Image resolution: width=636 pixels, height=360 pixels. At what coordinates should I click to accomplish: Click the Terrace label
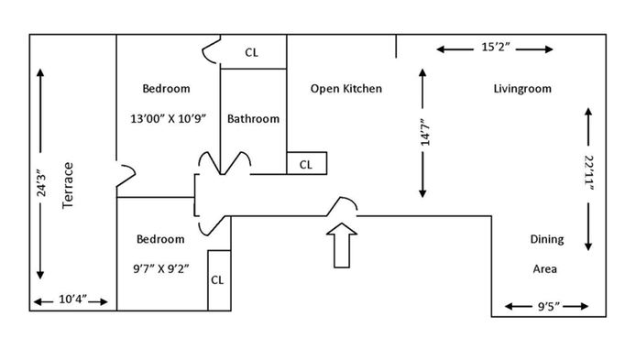click(68, 186)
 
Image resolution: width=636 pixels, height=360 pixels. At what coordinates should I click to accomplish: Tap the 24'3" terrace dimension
click(41, 186)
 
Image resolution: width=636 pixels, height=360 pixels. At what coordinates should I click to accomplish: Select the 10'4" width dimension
click(72, 300)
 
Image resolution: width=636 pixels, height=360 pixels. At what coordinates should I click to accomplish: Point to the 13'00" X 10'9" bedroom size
click(169, 119)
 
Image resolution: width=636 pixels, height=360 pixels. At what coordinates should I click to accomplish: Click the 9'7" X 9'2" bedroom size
click(161, 268)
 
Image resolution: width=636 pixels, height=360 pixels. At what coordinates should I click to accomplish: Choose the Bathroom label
click(253, 119)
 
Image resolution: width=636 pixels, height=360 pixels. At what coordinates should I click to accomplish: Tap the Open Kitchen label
click(346, 89)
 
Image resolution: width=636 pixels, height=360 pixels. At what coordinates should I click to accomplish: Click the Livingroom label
click(522, 89)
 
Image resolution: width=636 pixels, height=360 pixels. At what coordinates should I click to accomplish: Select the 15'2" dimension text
click(495, 47)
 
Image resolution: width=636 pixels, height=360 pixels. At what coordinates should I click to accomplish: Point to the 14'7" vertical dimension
click(424, 132)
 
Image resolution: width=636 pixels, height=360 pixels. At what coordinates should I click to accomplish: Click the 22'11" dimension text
click(589, 173)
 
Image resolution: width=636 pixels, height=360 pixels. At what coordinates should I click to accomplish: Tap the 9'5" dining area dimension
click(548, 307)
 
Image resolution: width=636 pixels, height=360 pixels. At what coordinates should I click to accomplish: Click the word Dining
click(547, 239)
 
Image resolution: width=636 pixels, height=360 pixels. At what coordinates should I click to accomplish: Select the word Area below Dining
click(544, 268)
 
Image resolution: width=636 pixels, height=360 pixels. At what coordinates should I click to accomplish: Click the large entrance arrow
click(342, 245)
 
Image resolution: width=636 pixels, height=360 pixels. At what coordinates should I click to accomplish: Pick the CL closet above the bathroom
click(251, 53)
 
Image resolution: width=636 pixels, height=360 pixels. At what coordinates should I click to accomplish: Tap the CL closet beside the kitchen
click(306, 165)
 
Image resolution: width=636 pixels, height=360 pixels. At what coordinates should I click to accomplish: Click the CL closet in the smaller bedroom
click(217, 280)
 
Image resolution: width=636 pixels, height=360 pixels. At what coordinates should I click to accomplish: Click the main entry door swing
click(343, 204)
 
